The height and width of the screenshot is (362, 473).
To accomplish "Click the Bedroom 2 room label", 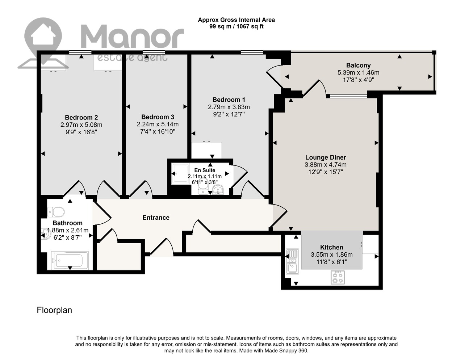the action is click(81, 118).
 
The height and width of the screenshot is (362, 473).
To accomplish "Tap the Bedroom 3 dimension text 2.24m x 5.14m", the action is click(158, 125).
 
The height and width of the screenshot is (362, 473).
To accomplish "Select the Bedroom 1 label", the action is click(229, 100).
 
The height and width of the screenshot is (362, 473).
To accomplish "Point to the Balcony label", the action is click(358, 65).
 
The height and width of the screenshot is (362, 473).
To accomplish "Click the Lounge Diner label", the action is click(326, 157).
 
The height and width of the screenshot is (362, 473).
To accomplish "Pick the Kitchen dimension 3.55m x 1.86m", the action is click(332, 254).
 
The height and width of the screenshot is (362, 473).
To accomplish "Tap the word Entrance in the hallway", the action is click(156, 218).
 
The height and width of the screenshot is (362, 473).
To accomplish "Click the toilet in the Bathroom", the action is click(56, 212).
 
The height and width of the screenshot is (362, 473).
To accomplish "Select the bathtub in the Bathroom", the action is click(70, 260).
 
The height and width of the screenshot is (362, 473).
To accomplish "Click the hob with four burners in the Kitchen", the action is click(338, 277).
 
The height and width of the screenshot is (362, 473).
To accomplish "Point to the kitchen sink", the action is click(292, 261).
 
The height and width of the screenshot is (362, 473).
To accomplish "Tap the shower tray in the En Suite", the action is click(180, 174).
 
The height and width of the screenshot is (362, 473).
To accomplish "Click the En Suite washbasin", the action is click(218, 190).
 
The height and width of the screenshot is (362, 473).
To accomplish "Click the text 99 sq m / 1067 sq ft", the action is click(236, 26).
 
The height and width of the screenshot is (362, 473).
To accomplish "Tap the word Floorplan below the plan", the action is click(54, 311).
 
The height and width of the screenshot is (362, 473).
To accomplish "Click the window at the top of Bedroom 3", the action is click(154, 52).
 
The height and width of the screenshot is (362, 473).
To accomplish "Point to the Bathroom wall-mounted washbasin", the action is click(46, 234).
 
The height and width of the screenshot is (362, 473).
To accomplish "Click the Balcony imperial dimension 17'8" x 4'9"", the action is click(358, 80).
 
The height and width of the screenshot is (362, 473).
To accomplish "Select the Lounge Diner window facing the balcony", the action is click(348, 96).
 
